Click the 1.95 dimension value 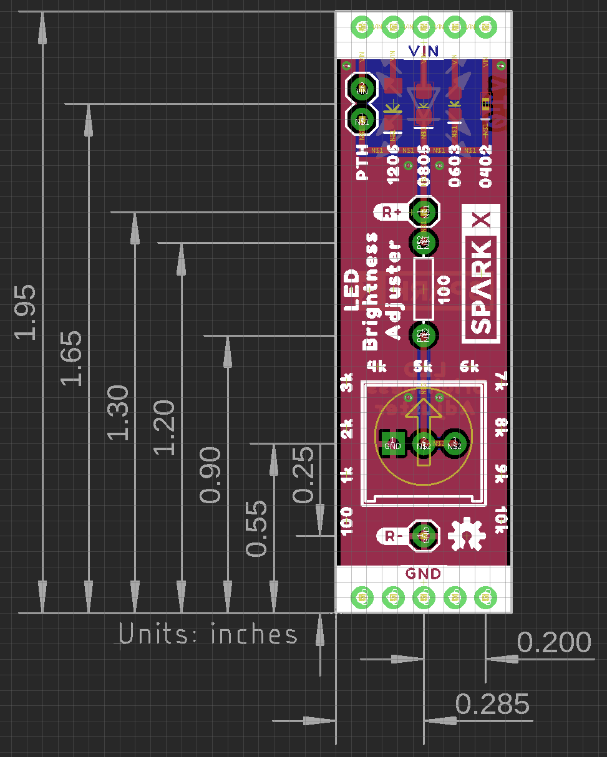click(25, 312)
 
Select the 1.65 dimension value click(71, 358)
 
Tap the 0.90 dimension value click(211, 475)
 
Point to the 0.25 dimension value click(304, 475)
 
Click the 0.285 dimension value click(492, 705)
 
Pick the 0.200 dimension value click(554, 643)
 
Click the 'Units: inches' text click(209, 635)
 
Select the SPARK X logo click(481, 274)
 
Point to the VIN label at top click(423, 51)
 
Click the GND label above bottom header click(423, 574)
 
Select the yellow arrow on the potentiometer click(424, 430)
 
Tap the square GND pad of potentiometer click(392, 441)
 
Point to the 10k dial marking click(502, 520)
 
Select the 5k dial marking click(423, 366)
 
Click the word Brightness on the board click(371, 291)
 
